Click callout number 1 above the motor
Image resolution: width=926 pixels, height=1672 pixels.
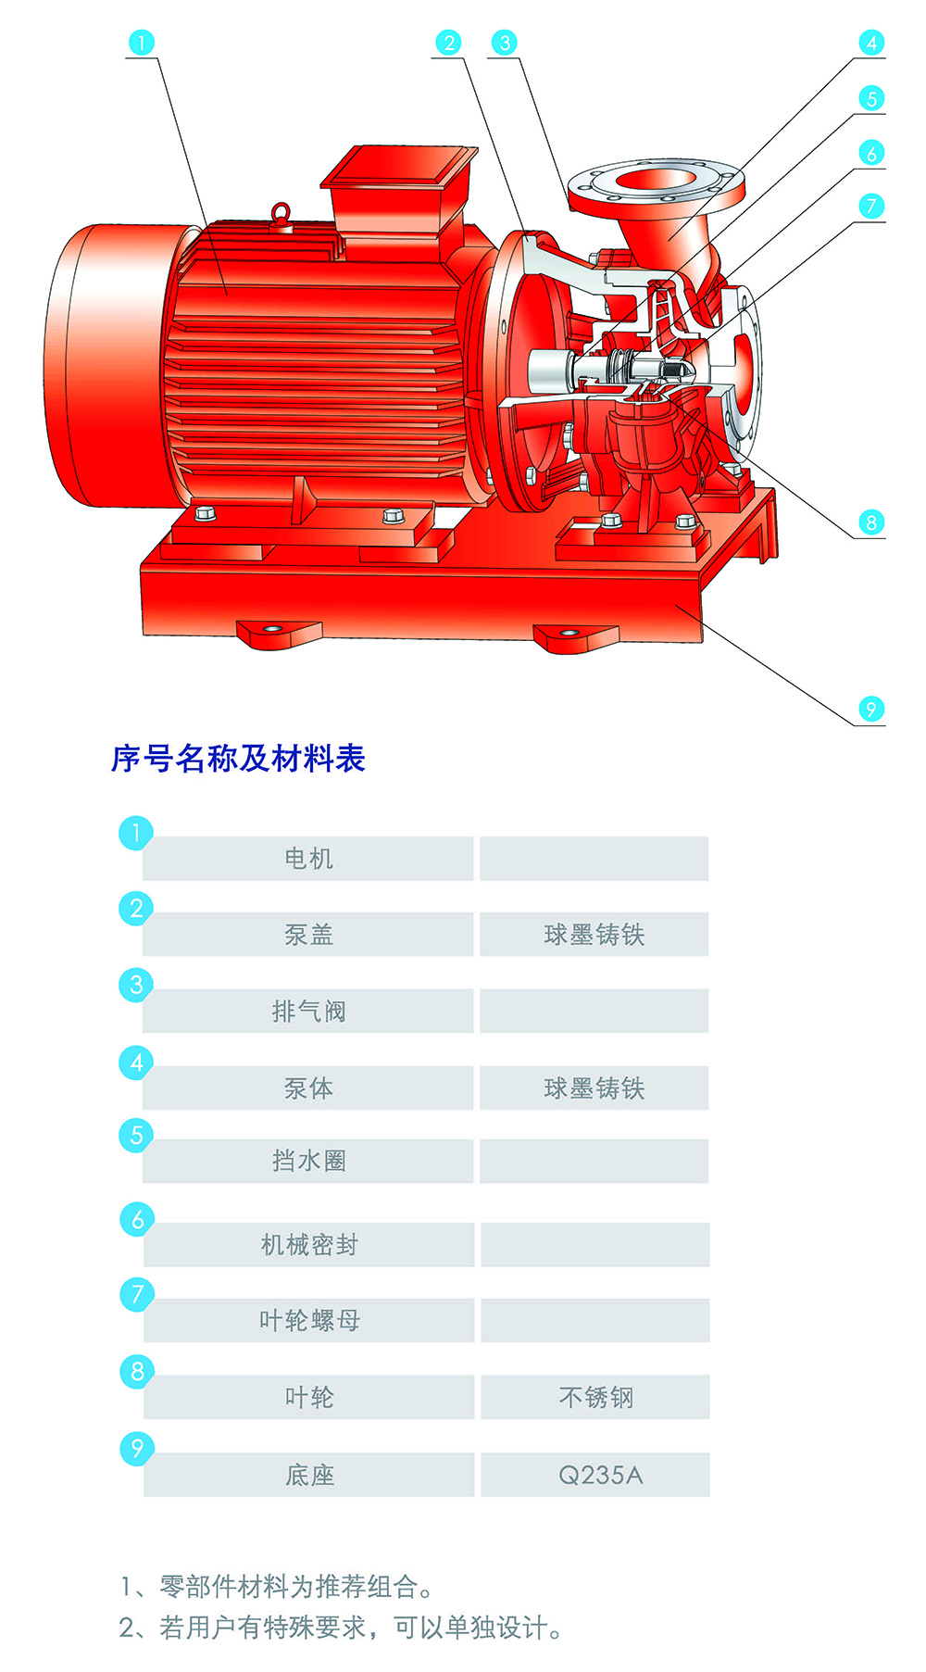(x=141, y=43)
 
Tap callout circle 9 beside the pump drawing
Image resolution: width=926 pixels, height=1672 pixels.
(x=870, y=710)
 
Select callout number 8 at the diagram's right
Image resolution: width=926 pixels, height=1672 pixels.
(x=870, y=522)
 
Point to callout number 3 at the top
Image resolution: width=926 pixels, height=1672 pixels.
(x=505, y=43)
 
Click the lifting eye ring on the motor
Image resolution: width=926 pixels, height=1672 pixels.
(x=282, y=215)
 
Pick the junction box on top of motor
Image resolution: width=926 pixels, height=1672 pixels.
(x=398, y=190)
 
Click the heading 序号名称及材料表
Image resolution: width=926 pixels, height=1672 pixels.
(x=238, y=759)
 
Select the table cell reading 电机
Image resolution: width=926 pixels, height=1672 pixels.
(x=308, y=859)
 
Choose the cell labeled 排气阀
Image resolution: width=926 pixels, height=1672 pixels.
(x=308, y=1011)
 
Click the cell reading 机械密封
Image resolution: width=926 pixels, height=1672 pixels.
(x=309, y=1245)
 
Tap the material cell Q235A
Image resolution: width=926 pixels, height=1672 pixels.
(x=595, y=1475)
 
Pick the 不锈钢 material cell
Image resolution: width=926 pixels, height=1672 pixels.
(x=595, y=1397)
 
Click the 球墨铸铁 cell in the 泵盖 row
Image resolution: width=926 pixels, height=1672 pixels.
(x=594, y=935)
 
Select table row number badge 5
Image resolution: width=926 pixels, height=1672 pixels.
(x=136, y=1135)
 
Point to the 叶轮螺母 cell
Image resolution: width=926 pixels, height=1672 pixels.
(x=309, y=1320)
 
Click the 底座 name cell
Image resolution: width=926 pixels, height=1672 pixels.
(x=309, y=1475)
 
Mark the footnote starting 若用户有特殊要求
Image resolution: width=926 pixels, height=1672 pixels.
(x=341, y=1628)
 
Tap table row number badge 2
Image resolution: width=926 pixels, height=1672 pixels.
(x=136, y=909)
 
